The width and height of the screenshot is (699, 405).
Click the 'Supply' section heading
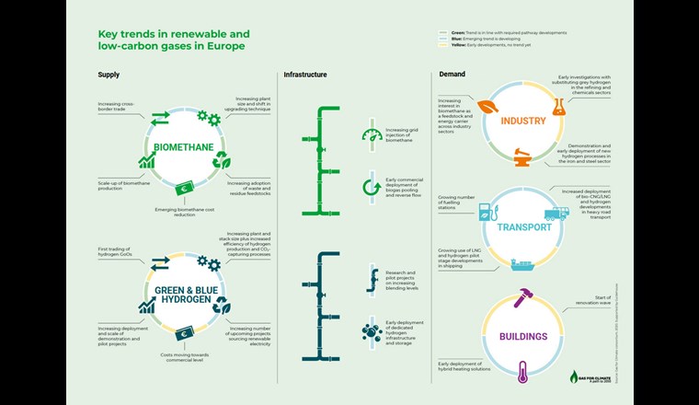pos(109,75)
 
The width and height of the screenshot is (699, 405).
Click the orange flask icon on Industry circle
pos(556,108)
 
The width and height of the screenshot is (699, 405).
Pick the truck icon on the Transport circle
pos(556,216)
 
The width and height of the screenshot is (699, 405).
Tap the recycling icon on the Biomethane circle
pos(222,160)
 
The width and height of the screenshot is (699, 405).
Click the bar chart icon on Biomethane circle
pos(145,161)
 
